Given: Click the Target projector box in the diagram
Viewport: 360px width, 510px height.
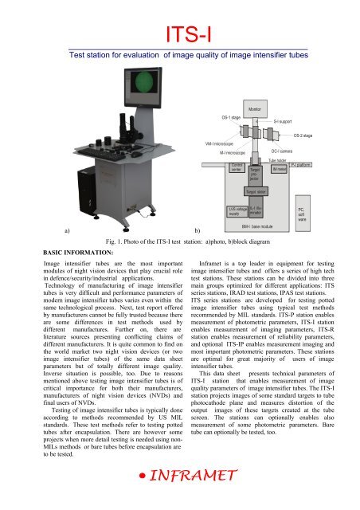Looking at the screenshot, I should tap(255, 173).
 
